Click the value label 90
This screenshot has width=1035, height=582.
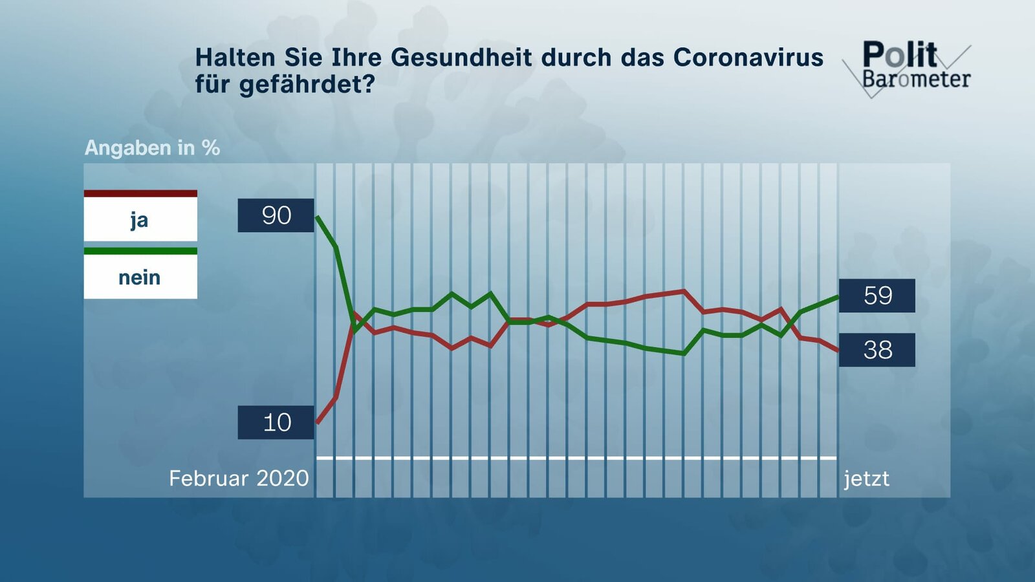point(276,215)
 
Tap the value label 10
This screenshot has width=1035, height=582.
point(276,422)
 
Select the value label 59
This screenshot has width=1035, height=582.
point(877,296)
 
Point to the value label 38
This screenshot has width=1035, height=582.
point(877,350)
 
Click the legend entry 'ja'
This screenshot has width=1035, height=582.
point(140,220)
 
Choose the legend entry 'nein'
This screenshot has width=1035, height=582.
point(140,277)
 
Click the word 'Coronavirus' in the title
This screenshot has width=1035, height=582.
point(748,58)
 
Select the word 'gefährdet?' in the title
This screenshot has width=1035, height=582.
point(307,85)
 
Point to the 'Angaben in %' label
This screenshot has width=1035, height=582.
point(152,148)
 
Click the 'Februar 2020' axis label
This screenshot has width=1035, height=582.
point(239,479)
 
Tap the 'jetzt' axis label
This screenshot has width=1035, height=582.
point(866,479)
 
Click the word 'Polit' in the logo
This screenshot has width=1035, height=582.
point(899,54)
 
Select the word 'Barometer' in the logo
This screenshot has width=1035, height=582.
point(916,80)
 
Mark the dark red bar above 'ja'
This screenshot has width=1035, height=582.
point(140,193)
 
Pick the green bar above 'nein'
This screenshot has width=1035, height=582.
point(140,251)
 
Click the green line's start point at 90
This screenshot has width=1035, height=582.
point(318,217)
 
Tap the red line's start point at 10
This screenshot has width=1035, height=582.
point(318,422)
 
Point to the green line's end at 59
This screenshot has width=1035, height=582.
point(838,296)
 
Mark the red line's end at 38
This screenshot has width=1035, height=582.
point(838,350)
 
